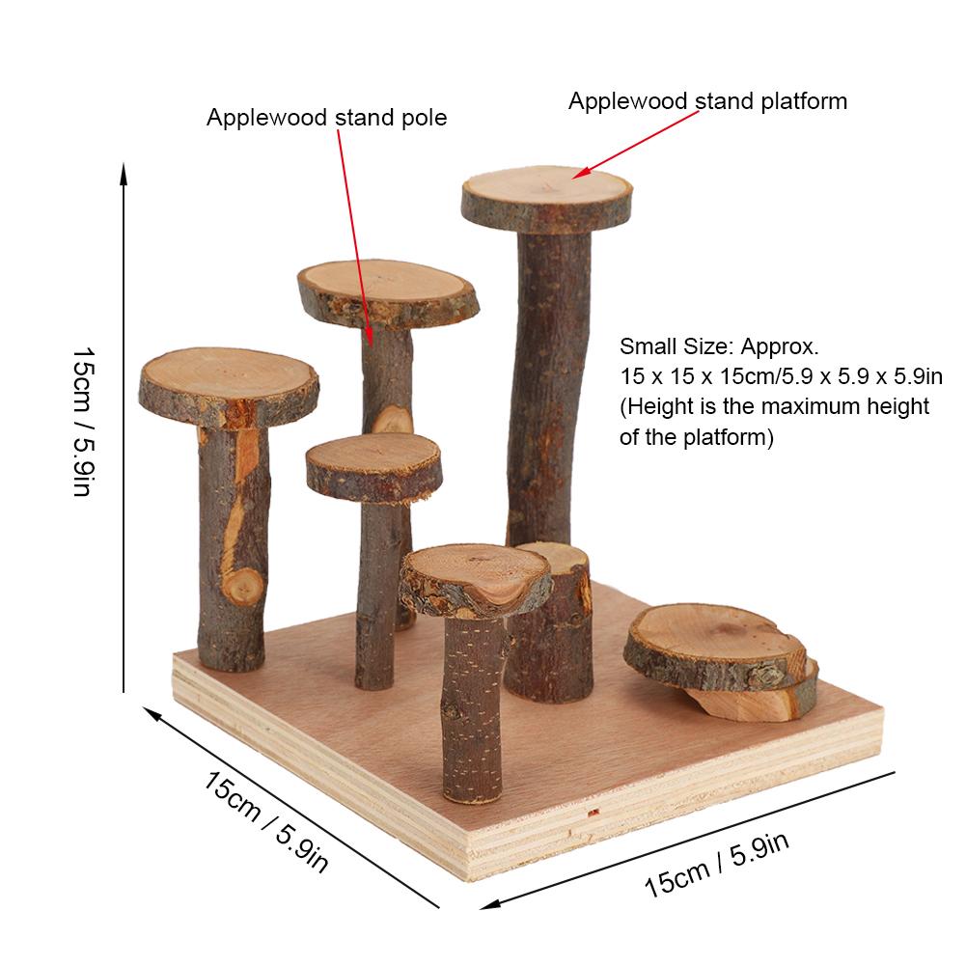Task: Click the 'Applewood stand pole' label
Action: pyautogui.click(x=326, y=118)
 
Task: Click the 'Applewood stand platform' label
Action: pyautogui.click(x=707, y=101)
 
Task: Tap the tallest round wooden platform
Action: pyautogui.click(x=547, y=199)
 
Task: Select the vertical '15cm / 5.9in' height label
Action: pyautogui.click(x=84, y=422)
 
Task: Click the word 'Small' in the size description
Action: pyautogui.click(x=645, y=346)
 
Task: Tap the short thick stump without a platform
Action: pyautogui.click(x=549, y=623)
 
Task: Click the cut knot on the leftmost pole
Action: pyautogui.click(x=243, y=585)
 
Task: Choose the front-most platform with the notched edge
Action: pyautogui.click(x=476, y=580)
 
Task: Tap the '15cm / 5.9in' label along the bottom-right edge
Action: pyautogui.click(x=716, y=866)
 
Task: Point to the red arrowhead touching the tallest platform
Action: pyautogui.click(x=580, y=173)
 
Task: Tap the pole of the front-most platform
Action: pyautogui.click(x=473, y=708)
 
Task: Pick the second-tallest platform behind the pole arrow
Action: pyautogui.click(x=388, y=293)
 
